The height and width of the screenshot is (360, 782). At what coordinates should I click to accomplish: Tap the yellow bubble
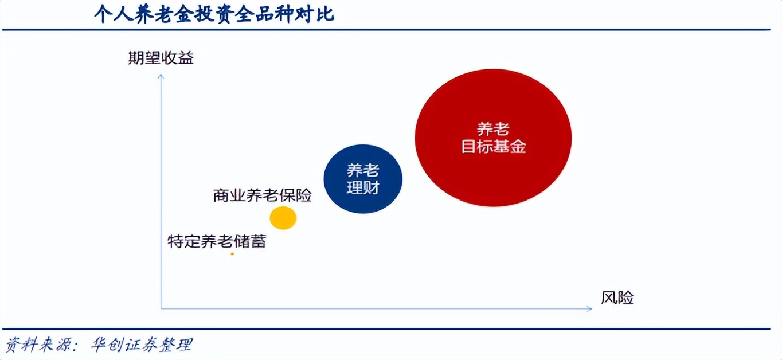point(283,218)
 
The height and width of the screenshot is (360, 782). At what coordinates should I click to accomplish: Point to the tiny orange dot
point(232,253)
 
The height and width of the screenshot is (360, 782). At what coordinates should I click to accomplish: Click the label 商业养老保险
point(263,195)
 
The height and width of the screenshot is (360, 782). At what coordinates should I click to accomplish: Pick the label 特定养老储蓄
point(217,241)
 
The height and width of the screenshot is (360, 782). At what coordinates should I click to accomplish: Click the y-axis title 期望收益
point(161,58)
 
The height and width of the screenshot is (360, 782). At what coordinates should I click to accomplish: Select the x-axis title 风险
point(617,298)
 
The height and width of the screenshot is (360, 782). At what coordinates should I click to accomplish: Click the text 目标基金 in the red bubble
point(494,146)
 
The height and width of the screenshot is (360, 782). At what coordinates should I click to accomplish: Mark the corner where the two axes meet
point(161,309)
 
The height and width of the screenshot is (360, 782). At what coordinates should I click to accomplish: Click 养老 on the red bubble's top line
point(493,129)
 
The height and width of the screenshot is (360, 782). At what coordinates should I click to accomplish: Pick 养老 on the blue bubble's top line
point(363,170)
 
